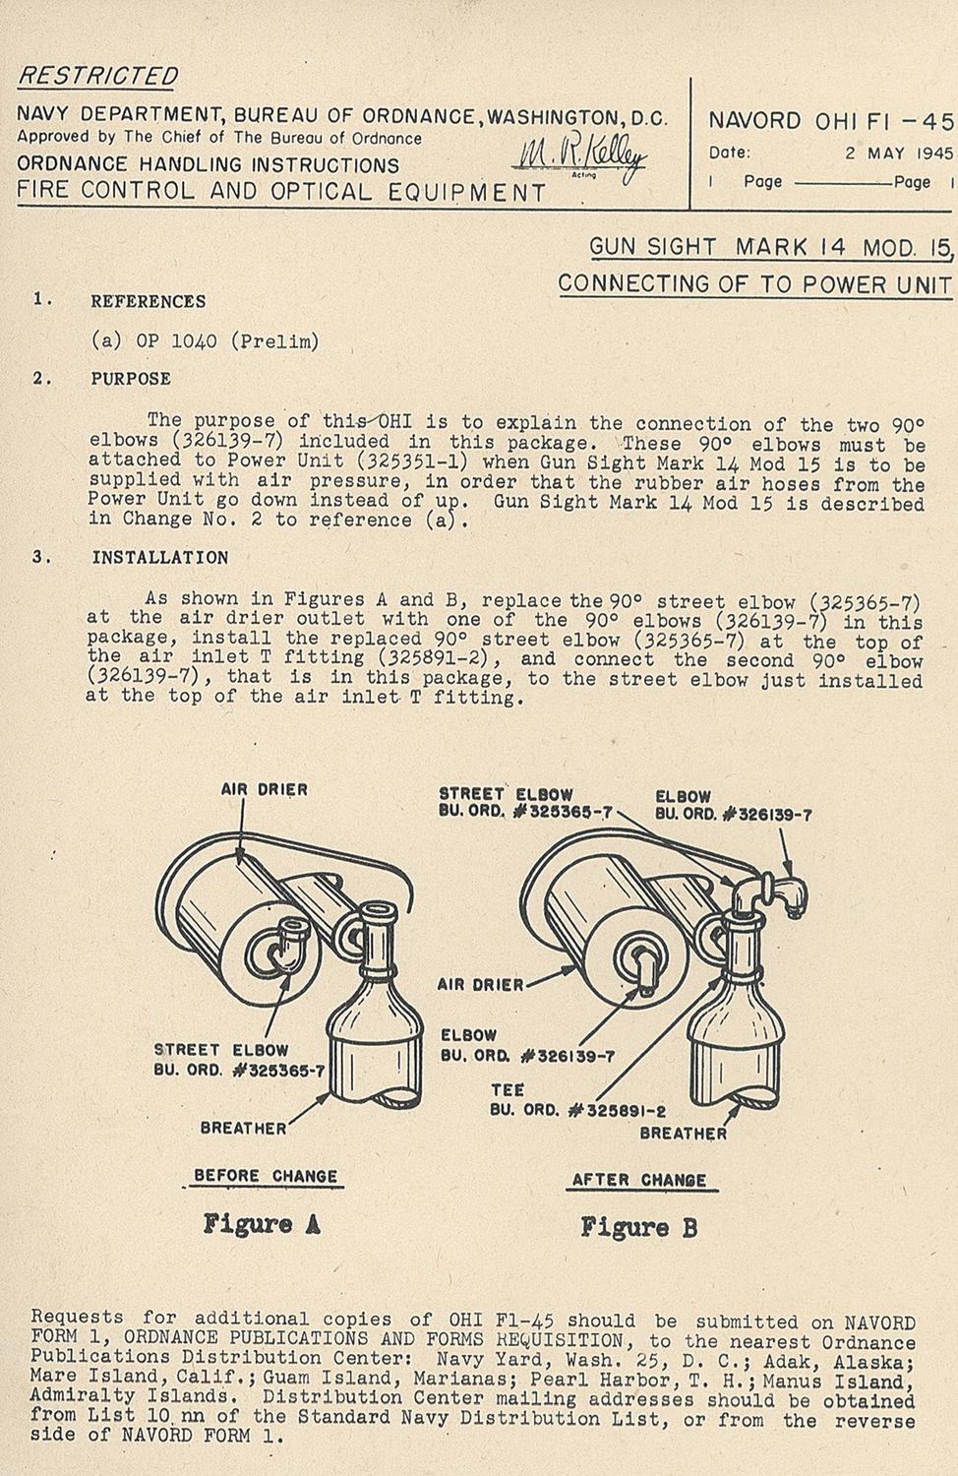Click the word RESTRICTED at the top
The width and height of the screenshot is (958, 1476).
coord(99,76)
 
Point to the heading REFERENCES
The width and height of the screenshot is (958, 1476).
coord(149,302)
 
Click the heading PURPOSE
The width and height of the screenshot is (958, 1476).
coord(131,379)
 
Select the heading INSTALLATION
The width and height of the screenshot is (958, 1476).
coord(159,558)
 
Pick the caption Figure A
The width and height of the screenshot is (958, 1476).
coord(262,1225)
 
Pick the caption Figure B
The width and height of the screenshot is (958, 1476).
coord(638,1227)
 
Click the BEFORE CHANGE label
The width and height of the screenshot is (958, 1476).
coord(266,1176)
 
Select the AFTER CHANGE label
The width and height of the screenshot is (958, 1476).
coord(639,1180)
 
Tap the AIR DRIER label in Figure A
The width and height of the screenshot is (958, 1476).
coord(264,789)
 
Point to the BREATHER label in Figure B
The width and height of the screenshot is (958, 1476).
coord(683,1134)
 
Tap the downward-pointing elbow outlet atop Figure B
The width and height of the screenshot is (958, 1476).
coord(787,891)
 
